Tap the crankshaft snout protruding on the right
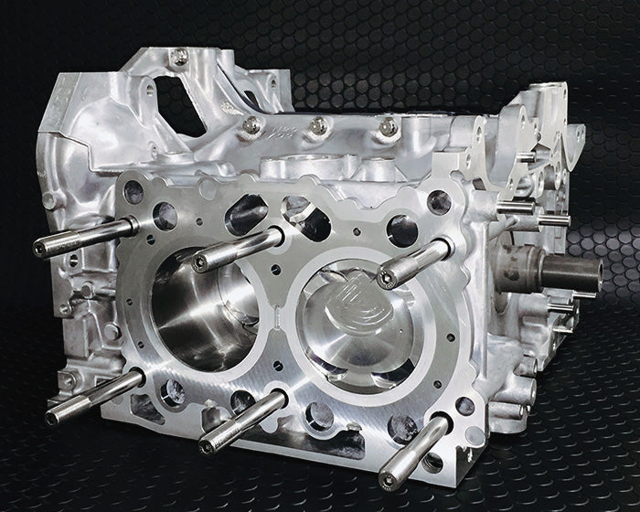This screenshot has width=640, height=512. (x=576, y=272)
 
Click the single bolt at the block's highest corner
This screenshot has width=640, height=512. (x=179, y=54)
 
